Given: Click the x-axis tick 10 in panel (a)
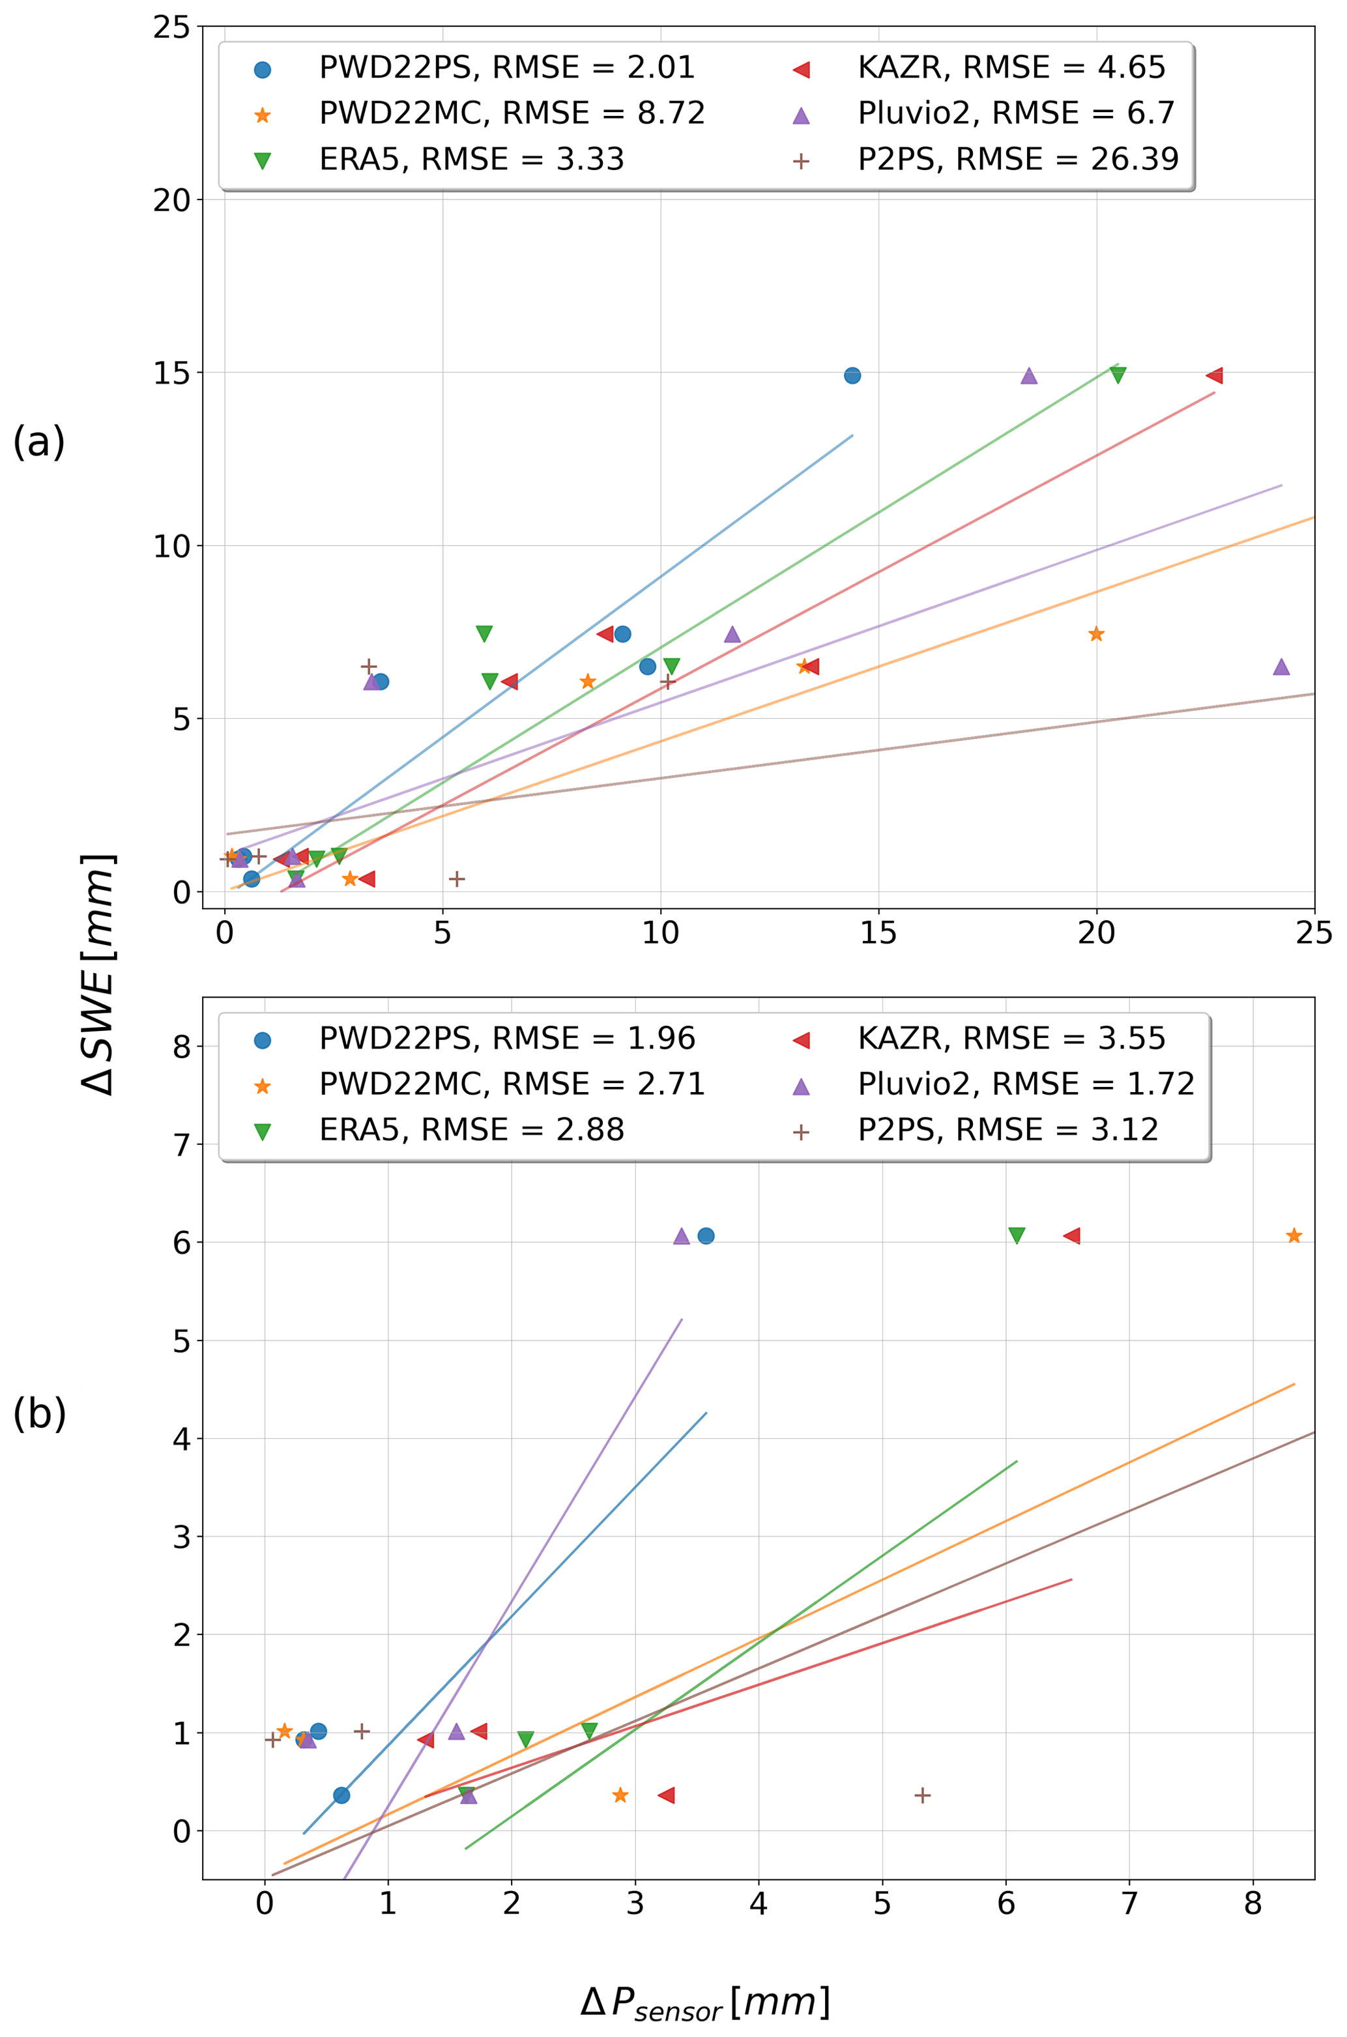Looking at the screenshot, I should tap(661, 934).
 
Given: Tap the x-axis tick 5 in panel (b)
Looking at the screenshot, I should tap(882, 1903).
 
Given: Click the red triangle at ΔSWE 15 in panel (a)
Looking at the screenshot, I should tap(1214, 375).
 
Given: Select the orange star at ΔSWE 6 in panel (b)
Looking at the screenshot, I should tap(1294, 1235).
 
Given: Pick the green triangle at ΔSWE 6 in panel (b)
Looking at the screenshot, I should tap(1016, 1235).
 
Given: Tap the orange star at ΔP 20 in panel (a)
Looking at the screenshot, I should tap(1096, 635).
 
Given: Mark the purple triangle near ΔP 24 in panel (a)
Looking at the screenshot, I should tap(1281, 667).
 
